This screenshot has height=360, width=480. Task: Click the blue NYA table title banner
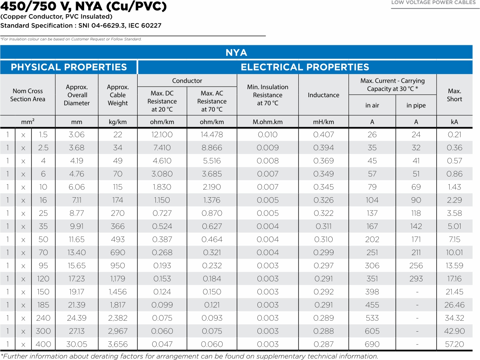tap(236, 53)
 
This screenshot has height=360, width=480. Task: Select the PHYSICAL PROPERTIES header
tap(69, 67)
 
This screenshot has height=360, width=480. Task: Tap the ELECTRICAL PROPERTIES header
tap(305, 67)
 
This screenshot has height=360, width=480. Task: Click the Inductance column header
tap(323, 95)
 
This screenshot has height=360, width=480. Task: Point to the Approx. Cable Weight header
tap(118, 95)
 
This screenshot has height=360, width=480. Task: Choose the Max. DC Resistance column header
tap(162, 101)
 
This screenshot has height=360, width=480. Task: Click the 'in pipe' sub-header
tap(416, 106)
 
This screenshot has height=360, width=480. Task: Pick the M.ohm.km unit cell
tap(268, 122)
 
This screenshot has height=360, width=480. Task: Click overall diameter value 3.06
tap(76, 135)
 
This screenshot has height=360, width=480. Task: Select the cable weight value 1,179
tap(118, 279)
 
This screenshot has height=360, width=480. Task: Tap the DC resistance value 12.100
tap(162, 135)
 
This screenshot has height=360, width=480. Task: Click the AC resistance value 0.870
tap(212, 213)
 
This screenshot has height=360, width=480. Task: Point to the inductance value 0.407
tap(323, 135)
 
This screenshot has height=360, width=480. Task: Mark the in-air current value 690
tap(372, 344)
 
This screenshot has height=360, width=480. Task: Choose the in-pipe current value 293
tap(416, 279)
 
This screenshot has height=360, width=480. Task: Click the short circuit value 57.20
tap(454, 344)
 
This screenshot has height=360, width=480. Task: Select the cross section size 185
tap(43, 305)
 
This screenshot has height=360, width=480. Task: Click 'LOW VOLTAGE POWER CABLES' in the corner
tap(433, 3)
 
